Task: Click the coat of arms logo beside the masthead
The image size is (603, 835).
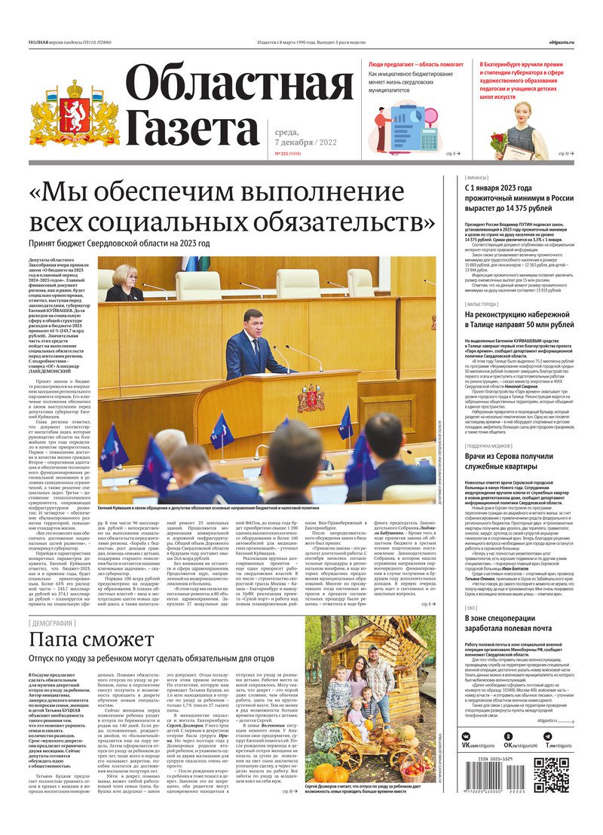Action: point(74,114)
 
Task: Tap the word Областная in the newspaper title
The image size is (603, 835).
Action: point(240,84)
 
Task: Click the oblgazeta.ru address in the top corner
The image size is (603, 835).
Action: point(562,42)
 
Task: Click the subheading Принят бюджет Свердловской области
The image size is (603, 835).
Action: point(119,243)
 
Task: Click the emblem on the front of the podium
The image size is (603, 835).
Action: point(310,398)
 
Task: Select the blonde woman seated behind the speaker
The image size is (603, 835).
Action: point(124,283)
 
